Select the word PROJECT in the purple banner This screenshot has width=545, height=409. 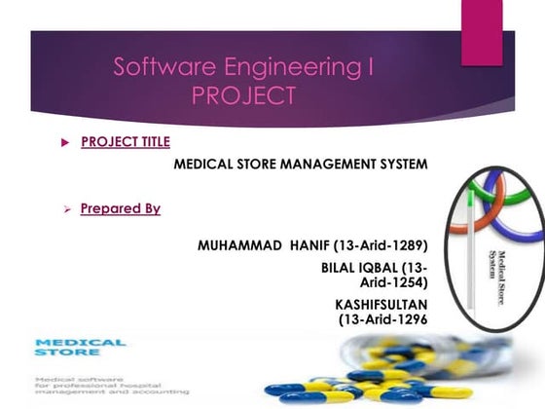[x=242, y=96]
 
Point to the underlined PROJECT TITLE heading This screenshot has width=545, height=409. [x=126, y=141]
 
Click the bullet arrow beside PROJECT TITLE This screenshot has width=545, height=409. [x=65, y=142]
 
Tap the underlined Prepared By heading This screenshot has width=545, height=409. [x=121, y=207]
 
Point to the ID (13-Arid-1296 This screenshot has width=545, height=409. [x=381, y=318]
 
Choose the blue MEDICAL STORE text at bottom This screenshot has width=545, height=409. [x=80, y=348]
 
